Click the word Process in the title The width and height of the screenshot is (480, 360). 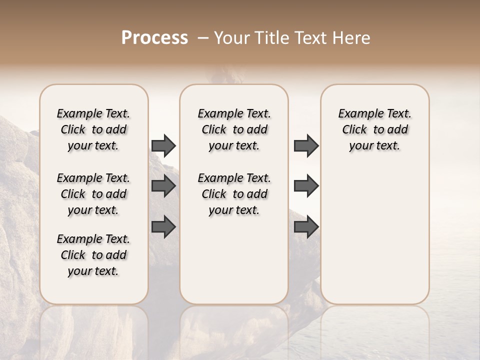(154, 38)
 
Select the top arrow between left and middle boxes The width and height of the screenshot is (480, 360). (163, 146)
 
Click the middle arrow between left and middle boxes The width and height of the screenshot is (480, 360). (163, 186)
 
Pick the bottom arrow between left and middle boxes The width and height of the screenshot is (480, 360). (163, 227)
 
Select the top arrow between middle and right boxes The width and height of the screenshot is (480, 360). (306, 146)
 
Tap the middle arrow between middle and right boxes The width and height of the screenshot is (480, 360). (306, 186)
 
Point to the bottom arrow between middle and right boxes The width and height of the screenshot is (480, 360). (306, 227)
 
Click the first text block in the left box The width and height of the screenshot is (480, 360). (93, 129)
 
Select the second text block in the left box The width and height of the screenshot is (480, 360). (93, 194)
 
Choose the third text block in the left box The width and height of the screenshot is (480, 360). (93, 255)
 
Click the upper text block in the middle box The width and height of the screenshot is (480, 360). (234, 129)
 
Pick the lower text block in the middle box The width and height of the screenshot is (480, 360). (234, 194)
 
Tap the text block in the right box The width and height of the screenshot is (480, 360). (374, 129)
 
